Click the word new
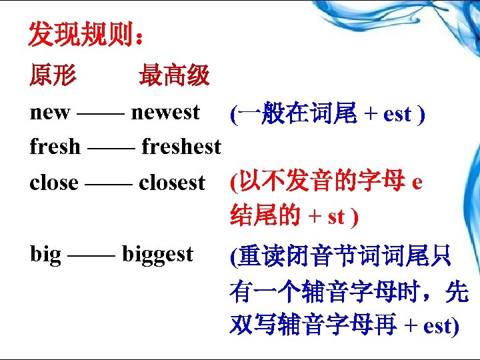pos(50,113)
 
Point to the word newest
pos(165,113)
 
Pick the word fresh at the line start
pos(55,146)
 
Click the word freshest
pos(181,146)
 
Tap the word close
pos(54,182)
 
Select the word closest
pos(172,182)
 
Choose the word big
pos(45,255)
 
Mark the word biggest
pos(157,255)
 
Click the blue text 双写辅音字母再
pos(314,326)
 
